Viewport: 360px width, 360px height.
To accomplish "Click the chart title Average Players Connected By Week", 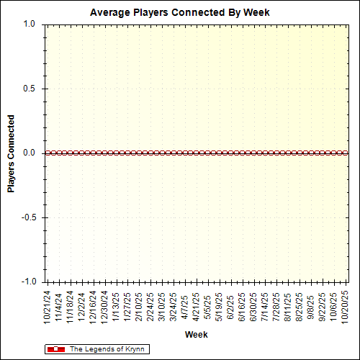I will point(180,12).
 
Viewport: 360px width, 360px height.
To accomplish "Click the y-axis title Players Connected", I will point(11,153).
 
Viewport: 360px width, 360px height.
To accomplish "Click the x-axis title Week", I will point(196,335).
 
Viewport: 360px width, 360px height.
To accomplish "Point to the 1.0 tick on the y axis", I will point(29,24).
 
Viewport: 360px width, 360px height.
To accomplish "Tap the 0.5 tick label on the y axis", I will point(29,89).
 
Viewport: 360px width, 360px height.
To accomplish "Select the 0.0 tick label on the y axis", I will point(29,153).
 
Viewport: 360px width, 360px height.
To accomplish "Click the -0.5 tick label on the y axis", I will point(27,217).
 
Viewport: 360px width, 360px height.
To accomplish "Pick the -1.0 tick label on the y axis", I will point(27,282).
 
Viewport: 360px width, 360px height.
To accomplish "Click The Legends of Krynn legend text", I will point(107,349).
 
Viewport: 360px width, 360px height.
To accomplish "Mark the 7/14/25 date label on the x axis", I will point(264,306).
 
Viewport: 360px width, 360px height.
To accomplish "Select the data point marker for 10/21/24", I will point(48,153).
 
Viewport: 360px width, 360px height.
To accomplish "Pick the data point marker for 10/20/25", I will point(344,153).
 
